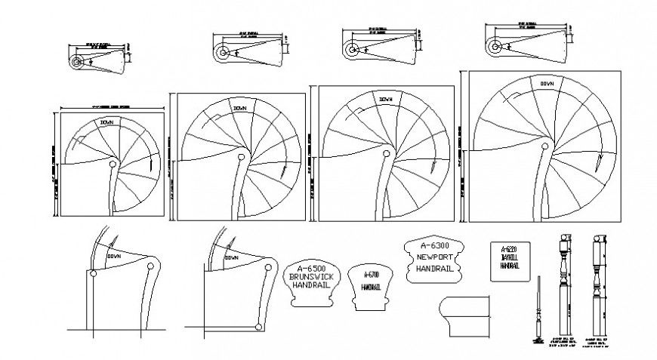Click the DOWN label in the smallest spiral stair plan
[106, 122]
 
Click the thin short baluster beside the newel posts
[538, 309]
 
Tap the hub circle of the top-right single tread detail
[494, 46]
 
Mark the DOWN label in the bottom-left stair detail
[115, 257]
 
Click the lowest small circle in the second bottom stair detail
[258, 326]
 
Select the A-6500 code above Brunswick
[311, 268]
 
